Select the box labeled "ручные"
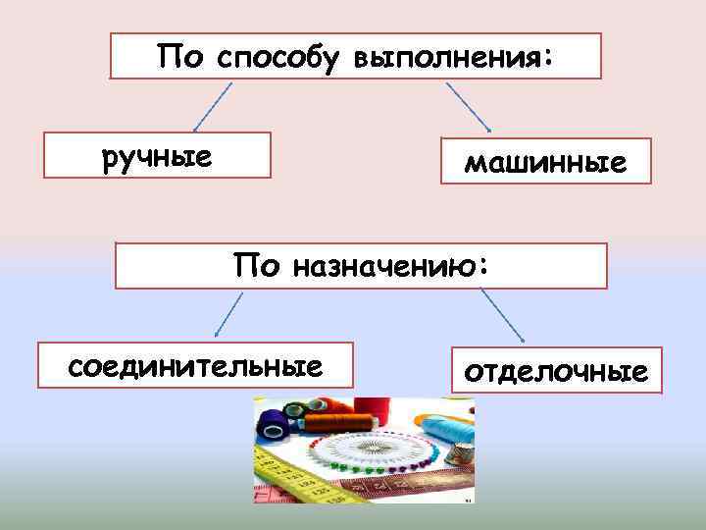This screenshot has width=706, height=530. pos(158,157)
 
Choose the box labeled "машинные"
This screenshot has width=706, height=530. pos(545,161)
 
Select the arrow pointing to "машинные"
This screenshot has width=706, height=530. pos(469,107)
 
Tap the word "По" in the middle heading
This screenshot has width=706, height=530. pos(256,265)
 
